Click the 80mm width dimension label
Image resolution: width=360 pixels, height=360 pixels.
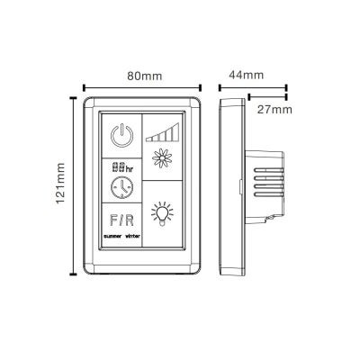(145, 76)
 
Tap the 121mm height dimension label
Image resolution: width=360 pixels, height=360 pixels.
(60, 183)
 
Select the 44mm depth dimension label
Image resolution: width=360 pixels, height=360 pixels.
(247, 75)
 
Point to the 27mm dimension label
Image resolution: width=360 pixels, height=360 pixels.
(274, 110)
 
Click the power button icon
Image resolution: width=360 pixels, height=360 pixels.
(121, 135)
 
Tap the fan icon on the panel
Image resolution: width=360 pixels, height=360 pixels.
(162, 157)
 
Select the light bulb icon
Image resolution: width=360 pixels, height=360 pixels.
(162, 214)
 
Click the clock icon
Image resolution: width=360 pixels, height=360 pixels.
(121, 187)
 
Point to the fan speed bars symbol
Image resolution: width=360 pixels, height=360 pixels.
(162, 132)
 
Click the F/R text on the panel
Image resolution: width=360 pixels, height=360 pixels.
(121, 220)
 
